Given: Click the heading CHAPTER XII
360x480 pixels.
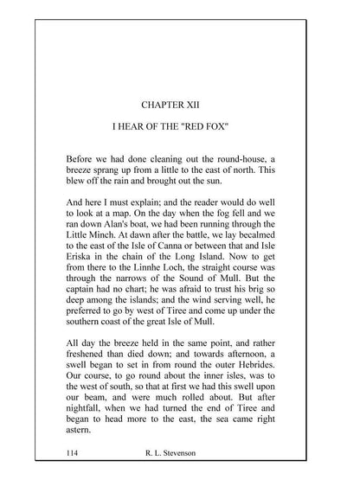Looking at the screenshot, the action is tap(180, 106).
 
